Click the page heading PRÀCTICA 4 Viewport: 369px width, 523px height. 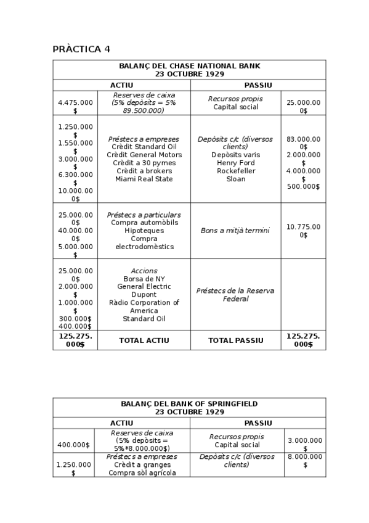pyautogui.click(x=81, y=49)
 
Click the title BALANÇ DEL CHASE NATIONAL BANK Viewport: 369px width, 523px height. pyautogui.click(x=189, y=65)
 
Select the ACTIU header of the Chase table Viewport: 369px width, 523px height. pyautogui.click(x=121, y=85)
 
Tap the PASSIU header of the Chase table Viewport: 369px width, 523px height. pyautogui.click(x=258, y=85)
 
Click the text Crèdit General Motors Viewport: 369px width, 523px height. pyautogui.click(x=144, y=155)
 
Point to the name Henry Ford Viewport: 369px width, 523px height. pyautogui.click(x=235, y=163)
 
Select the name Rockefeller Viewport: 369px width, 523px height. pyautogui.click(x=235, y=171)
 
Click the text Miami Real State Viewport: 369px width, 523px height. pyautogui.click(x=144, y=179)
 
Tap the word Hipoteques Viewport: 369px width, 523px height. pyautogui.click(x=144, y=230)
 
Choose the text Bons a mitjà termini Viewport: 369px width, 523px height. pyautogui.click(x=235, y=231)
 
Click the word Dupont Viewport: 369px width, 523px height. pyautogui.click(x=144, y=295)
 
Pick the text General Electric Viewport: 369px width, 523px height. pyautogui.click(x=144, y=287)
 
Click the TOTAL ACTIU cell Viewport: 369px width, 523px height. pyautogui.click(x=144, y=340)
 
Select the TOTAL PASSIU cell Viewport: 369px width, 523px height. pyautogui.click(x=235, y=340)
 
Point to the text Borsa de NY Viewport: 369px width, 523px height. pyautogui.click(x=144, y=279)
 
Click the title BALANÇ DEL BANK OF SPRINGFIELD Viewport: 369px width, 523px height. pyautogui.click(x=189, y=403)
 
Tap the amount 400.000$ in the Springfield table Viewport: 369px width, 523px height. pyautogui.click(x=73, y=445)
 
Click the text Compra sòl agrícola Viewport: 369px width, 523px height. pyautogui.click(x=142, y=473)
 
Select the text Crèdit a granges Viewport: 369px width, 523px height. pyautogui.click(x=142, y=465)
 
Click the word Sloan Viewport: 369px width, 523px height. pyautogui.click(x=235, y=179)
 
